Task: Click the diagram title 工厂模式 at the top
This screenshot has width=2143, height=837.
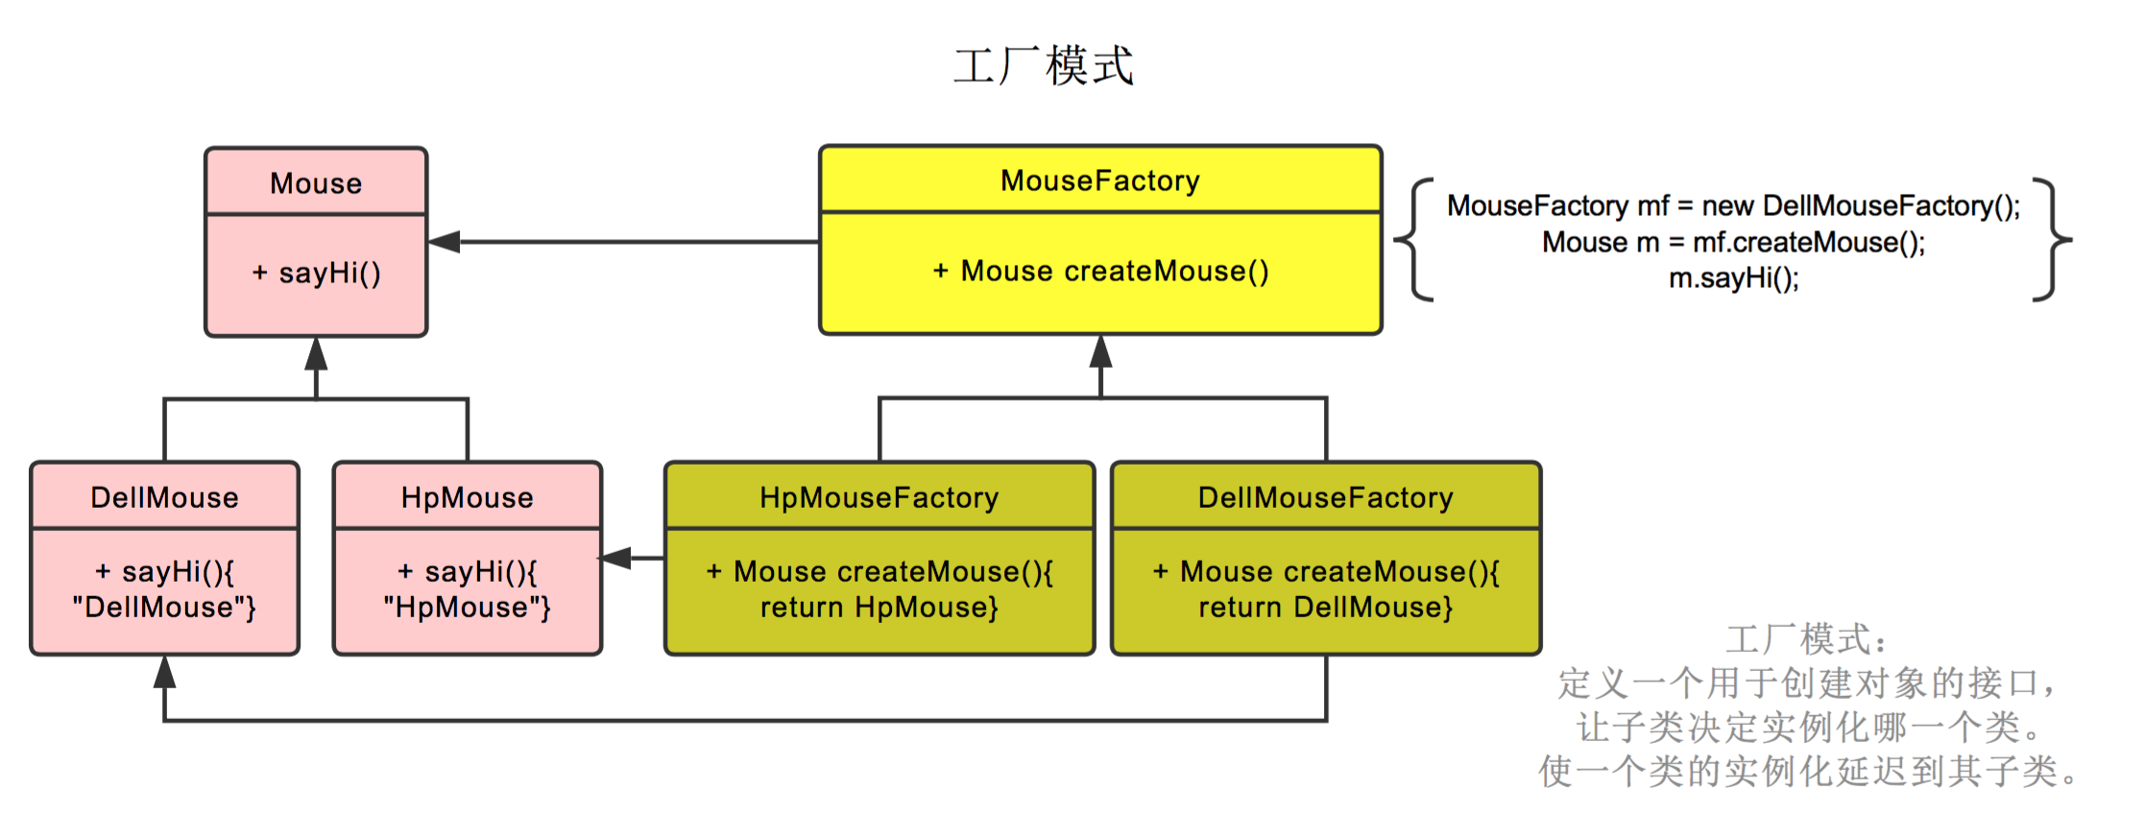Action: point(1044,65)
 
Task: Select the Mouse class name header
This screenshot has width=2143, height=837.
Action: point(316,182)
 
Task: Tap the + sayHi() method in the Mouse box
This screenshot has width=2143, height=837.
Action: point(316,274)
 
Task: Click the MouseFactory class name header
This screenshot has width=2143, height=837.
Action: point(1100,180)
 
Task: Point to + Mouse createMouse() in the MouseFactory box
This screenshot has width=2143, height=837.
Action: point(1100,272)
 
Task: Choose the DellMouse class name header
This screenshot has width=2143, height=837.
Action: point(164,497)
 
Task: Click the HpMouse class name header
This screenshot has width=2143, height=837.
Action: point(468,497)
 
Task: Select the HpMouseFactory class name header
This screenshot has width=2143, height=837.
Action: point(879,497)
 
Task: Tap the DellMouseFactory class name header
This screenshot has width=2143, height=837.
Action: point(1326,497)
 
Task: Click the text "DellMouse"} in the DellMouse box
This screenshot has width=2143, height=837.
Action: point(164,608)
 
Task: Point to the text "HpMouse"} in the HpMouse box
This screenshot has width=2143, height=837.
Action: point(468,608)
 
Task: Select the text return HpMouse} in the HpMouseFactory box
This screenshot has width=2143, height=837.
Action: point(879,608)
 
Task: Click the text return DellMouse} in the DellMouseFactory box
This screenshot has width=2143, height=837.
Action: point(1326,608)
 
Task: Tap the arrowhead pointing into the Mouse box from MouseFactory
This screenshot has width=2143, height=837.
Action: point(445,242)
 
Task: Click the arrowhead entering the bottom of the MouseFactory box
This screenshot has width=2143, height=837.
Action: point(1100,351)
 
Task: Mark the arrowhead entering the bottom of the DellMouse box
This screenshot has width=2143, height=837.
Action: point(164,672)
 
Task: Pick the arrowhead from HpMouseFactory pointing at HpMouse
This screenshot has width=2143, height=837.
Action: point(616,558)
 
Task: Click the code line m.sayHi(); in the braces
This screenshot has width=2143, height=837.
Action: point(1733,278)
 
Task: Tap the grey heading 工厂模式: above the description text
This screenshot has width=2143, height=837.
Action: point(1807,639)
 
